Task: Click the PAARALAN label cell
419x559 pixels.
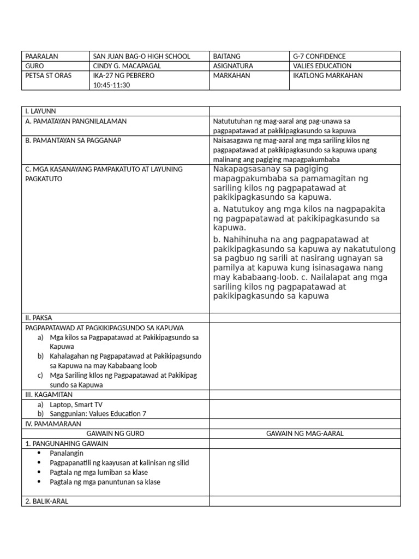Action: pyautogui.click(x=41, y=56)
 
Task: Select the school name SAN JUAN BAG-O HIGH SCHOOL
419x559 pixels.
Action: pyautogui.click(x=141, y=56)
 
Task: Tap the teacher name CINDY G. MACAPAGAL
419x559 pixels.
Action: pyautogui.click(x=127, y=66)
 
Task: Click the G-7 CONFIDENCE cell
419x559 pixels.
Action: pyautogui.click(x=319, y=56)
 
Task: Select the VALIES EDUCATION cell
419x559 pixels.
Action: pyautogui.click(x=322, y=66)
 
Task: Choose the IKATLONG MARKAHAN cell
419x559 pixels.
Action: pyautogui.click(x=327, y=75)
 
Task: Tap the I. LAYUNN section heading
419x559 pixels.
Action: pyautogui.click(x=41, y=111)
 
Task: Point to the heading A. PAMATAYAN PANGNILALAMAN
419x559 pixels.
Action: pyautogui.click(x=76, y=121)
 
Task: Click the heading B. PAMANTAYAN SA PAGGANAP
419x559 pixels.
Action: pyautogui.click(x=73, y=140)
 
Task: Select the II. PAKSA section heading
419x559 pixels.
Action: pyautogui.click(x=39, y=317)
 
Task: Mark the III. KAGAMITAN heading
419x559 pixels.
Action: pyautogui.click(x=49, y=394)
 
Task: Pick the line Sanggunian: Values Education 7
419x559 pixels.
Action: pyautogui.click(x=98, y=414)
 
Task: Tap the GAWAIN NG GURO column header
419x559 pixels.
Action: pyautogui.click(x=115, y=433)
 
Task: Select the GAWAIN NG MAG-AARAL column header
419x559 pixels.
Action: pyautogui.click(x=304, y=433)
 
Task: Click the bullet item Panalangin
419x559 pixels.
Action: pyautogui.click(x=67, y=453)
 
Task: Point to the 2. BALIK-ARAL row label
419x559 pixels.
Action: pyautogui.click(x=46, y=501)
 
